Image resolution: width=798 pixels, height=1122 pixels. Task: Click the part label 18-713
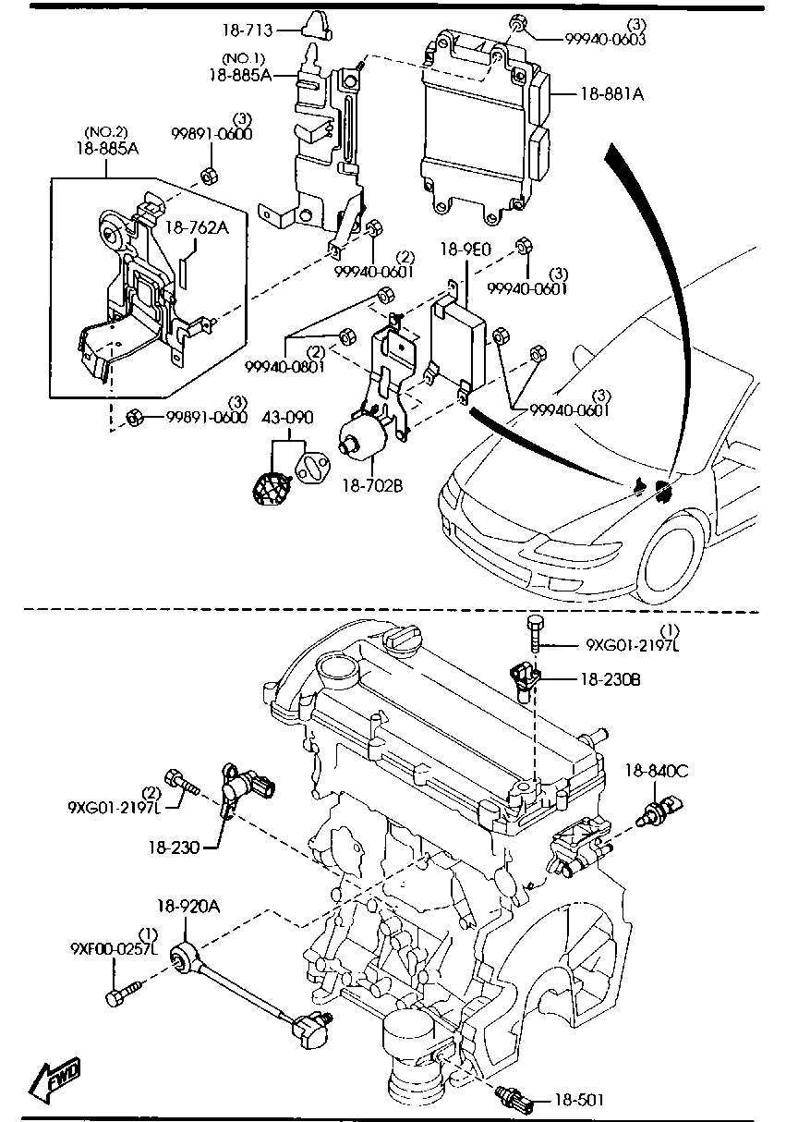248,31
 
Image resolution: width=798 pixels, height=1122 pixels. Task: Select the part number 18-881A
612,93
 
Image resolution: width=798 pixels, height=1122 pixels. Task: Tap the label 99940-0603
605,39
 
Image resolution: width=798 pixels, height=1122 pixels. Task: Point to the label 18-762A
197,228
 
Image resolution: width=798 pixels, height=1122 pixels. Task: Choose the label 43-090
287,417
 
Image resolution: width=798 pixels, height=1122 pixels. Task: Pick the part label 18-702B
373,485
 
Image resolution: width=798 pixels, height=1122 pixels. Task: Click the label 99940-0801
284,367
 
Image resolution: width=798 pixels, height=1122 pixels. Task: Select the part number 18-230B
611,679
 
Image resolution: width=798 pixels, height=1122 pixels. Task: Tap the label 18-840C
657,771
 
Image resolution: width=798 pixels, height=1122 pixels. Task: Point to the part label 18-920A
188,906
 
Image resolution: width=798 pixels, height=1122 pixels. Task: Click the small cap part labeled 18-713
317,25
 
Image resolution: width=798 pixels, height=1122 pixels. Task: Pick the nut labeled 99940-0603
516,23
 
